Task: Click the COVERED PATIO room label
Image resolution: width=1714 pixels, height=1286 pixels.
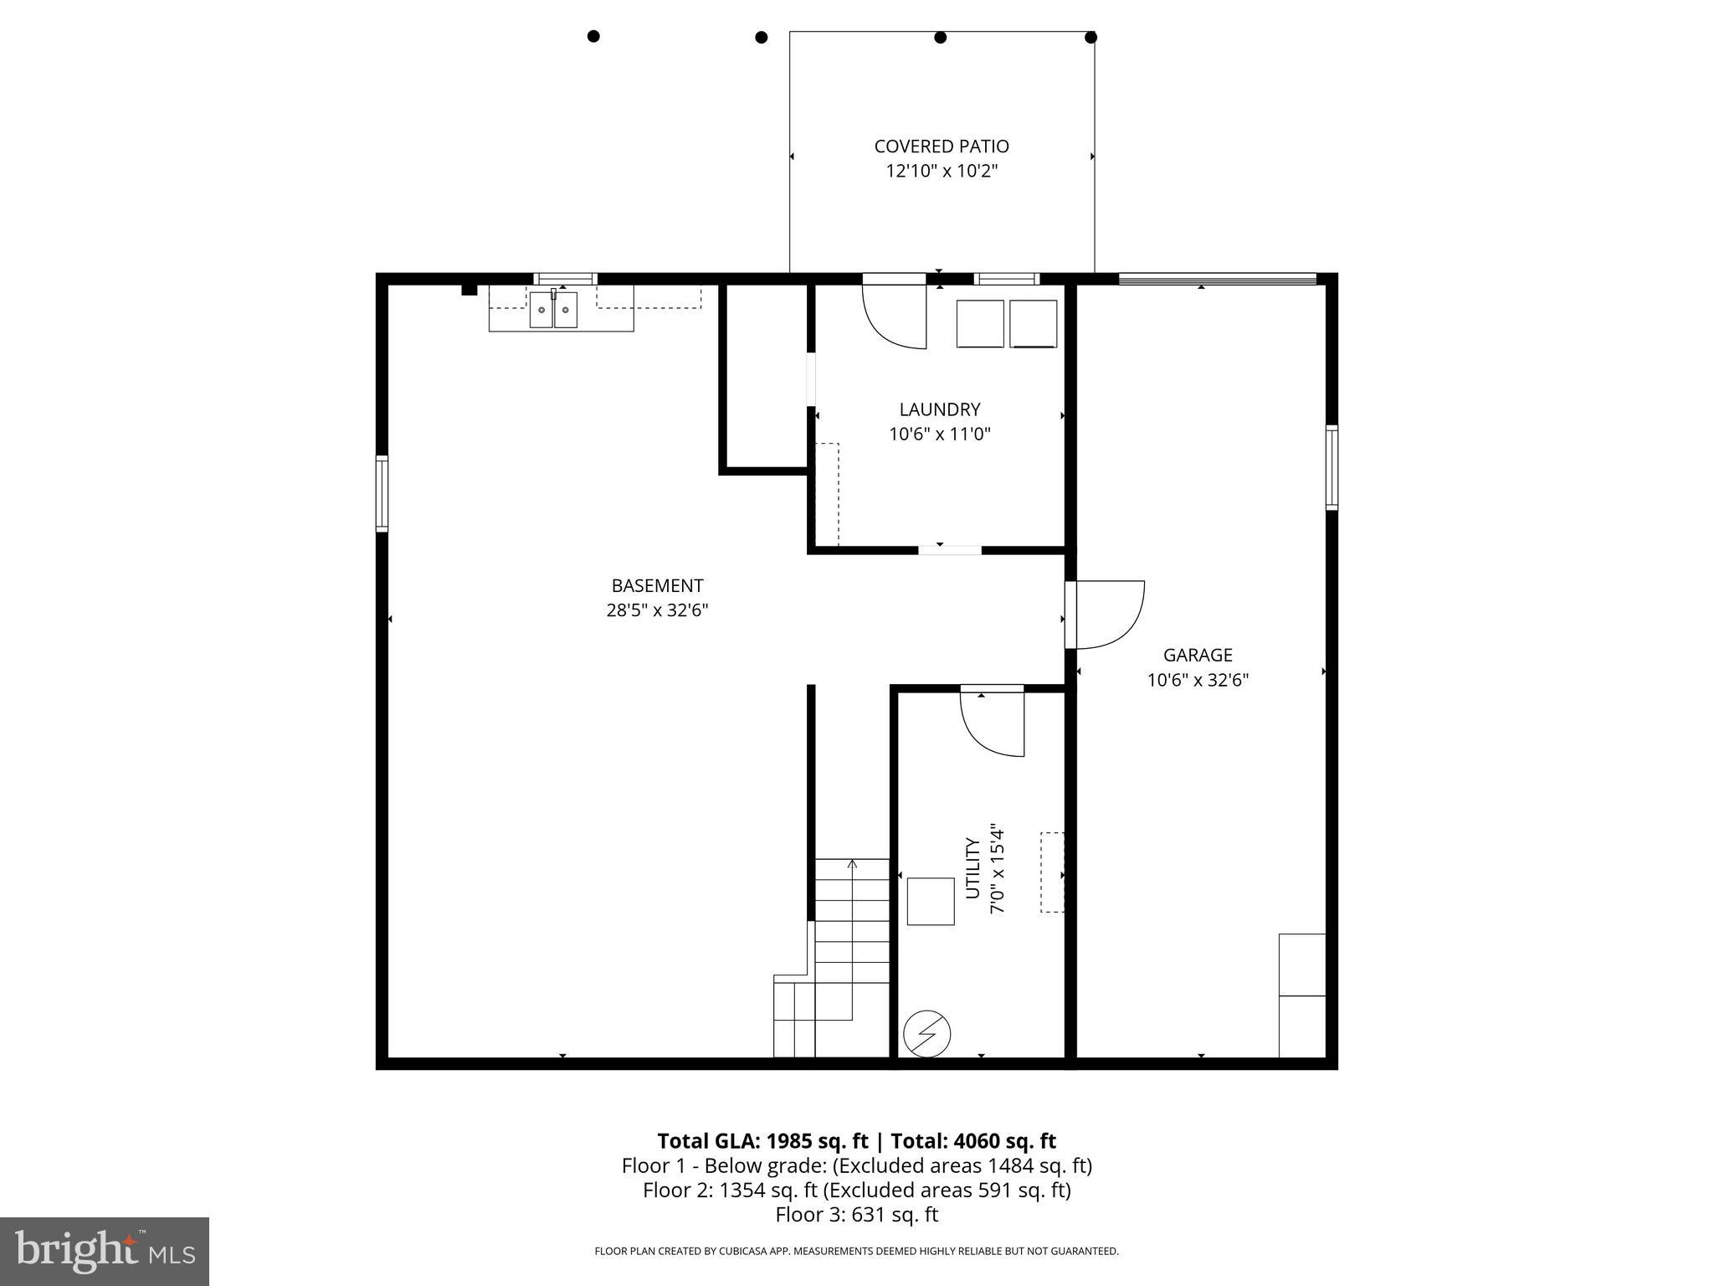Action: pyautogui.click(x=942, y=147)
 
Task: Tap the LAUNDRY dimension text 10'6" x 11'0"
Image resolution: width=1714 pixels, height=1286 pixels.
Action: pyautogui.click(x=940, y=435)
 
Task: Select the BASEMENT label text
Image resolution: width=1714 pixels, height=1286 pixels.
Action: pyautogui.click(x=657, y=586)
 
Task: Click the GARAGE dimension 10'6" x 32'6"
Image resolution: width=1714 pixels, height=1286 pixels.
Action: pyautogui.click(x=1198, y=681)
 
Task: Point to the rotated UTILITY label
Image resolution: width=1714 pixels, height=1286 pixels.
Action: pyautogui.click(x=972, y=868)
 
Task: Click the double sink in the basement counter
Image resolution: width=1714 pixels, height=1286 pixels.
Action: pyautogui.click(x=553, y=310)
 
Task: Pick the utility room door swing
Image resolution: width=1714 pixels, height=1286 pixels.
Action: pyautogui.click(x=993, y=722)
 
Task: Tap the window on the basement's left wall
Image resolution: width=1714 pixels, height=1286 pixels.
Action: pyautogui.click(x=382, y=493)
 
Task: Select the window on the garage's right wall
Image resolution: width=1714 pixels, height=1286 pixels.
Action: pyautogui.click(x=1331, y=467)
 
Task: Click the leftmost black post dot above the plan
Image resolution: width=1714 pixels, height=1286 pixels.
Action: pyautogui.click(x=593, y=36)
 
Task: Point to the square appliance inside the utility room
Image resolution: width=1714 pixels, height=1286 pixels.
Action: pyautogui.click(x=931, y=902)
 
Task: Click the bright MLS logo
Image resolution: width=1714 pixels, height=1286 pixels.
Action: pyautogui.click(x=104, y=1251)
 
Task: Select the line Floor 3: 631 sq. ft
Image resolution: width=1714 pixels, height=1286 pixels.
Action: pyautogui.click(x=856, y=1215)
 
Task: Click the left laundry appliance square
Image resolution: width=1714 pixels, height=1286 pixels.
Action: pyautogui.click(x=980, y=323)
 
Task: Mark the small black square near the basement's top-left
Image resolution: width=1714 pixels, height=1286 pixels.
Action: pyautogui.click(x=470, y=290)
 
